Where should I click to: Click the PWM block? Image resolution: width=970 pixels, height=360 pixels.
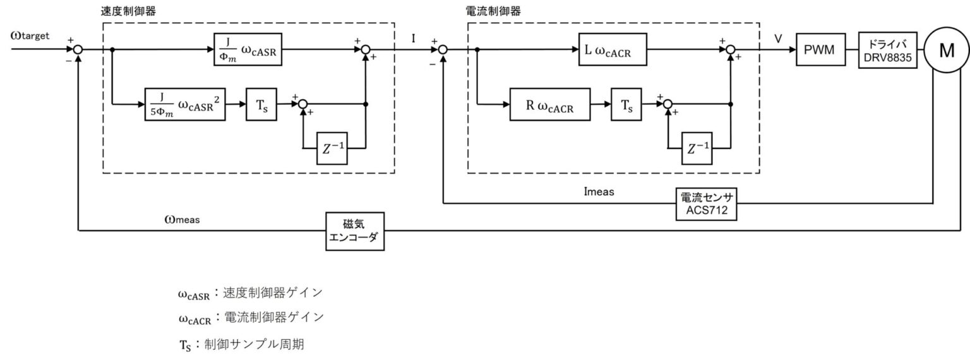point(820,50)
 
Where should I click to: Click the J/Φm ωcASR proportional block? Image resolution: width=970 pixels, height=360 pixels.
point(247,50)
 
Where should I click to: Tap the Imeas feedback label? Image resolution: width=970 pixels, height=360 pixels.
point(599,191)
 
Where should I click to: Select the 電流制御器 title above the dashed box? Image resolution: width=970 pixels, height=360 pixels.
point(492,11)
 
